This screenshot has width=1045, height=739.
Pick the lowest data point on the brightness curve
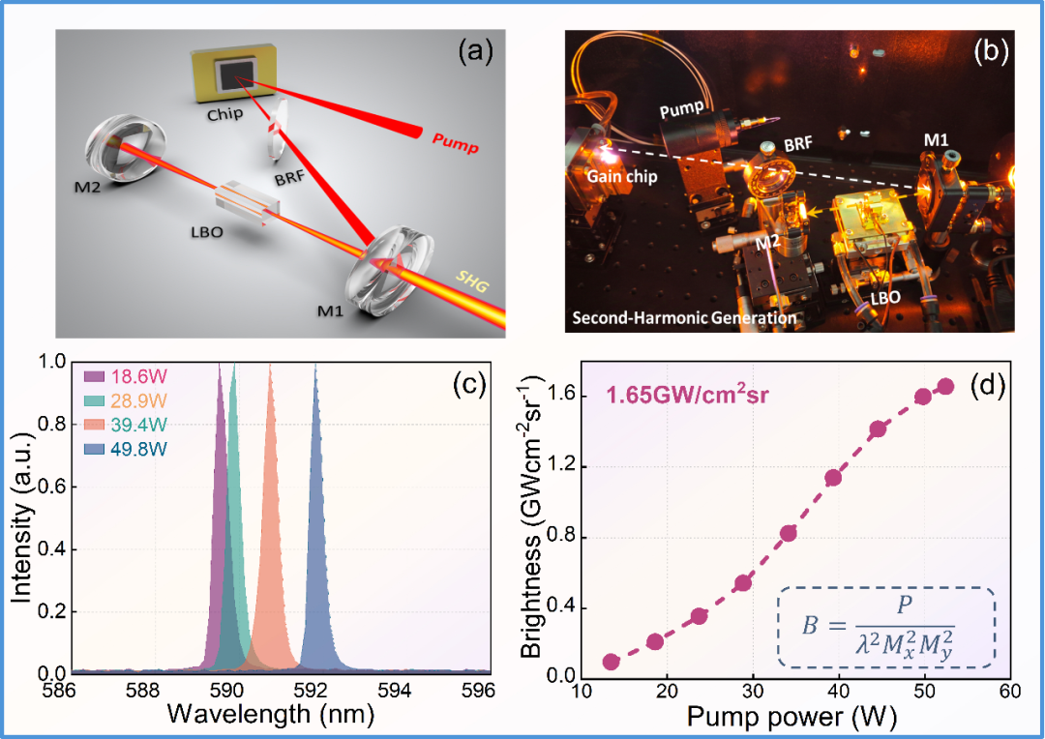point(612,662)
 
